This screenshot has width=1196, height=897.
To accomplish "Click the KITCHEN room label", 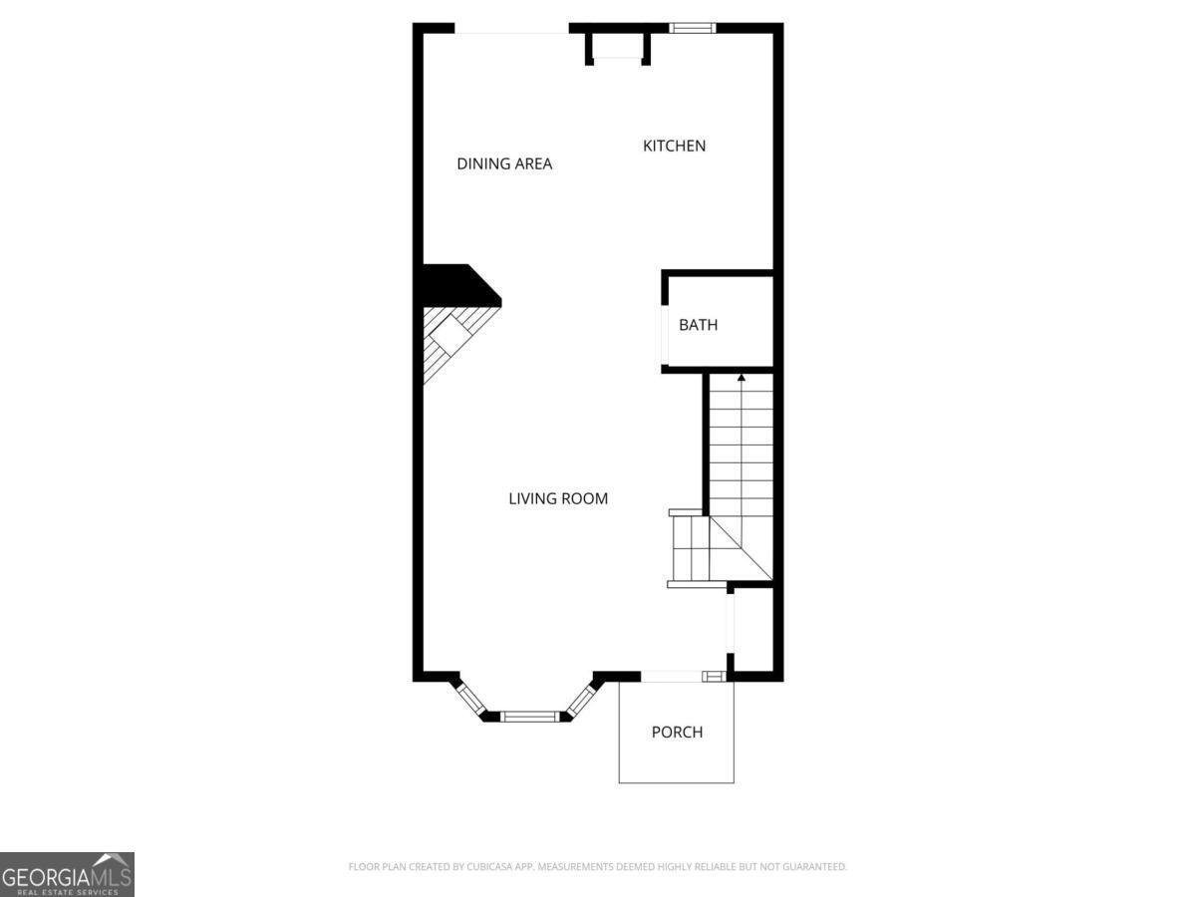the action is tap(674, 146).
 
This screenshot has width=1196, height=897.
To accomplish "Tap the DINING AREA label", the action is tap(504, 163).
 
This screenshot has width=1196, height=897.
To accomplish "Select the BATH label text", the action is tap(698, 325).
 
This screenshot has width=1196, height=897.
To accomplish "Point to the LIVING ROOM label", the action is tap(558, 499).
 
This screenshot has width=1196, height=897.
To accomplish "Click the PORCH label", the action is tap(677, 732).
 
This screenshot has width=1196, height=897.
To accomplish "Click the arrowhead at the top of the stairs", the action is tap(742, 377).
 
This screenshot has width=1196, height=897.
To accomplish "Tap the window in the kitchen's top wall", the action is tap(692, 28).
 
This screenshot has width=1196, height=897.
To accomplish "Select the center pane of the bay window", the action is tap(530, 717).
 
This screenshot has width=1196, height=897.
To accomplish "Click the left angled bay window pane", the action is tap(471, 699).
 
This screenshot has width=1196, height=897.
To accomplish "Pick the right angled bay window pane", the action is tap(582, 700).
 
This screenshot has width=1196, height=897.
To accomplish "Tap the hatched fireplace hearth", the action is tap(454, 341).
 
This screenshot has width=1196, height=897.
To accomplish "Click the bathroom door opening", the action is tap(665, 335).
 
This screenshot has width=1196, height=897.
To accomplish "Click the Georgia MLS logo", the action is tap(67, 875).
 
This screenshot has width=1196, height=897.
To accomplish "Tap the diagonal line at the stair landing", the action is tap(742, 548).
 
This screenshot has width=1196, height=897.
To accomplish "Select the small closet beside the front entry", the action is tap(753, 630).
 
